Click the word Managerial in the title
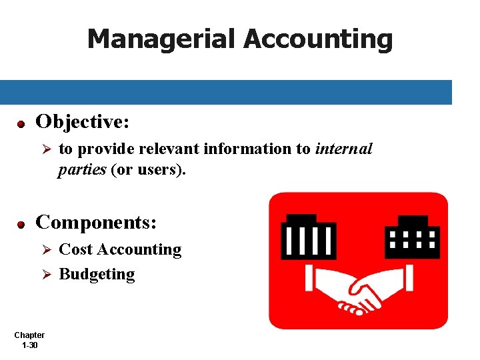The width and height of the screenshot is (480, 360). pyautogui.click(x=161, y=39)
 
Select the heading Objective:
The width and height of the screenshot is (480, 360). pyautogui.click(x=82, y=122)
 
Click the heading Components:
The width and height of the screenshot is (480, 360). pyautogui.click(x=96, y=221)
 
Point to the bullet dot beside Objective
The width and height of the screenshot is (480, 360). pyautogui.click(x=21, y=124)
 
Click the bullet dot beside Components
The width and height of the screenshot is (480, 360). pyautogui.click(x=21, y=224)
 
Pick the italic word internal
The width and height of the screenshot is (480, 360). pyautogui.click(x=344, y=149)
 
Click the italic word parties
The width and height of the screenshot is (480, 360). pyautogui.click(x=81, y=169)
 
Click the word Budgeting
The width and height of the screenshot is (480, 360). pyautogui.click(x=97, y=274)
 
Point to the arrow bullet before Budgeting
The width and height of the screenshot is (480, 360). pyautogui.click(x=47, y=274)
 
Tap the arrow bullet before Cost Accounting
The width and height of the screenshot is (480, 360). pyautogui.click(x=47, y=250)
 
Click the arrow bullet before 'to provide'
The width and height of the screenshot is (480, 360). pyautogui.click(x=47, y=149)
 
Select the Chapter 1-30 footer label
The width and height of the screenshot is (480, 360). pyautogui.click(x=29, y=340)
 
